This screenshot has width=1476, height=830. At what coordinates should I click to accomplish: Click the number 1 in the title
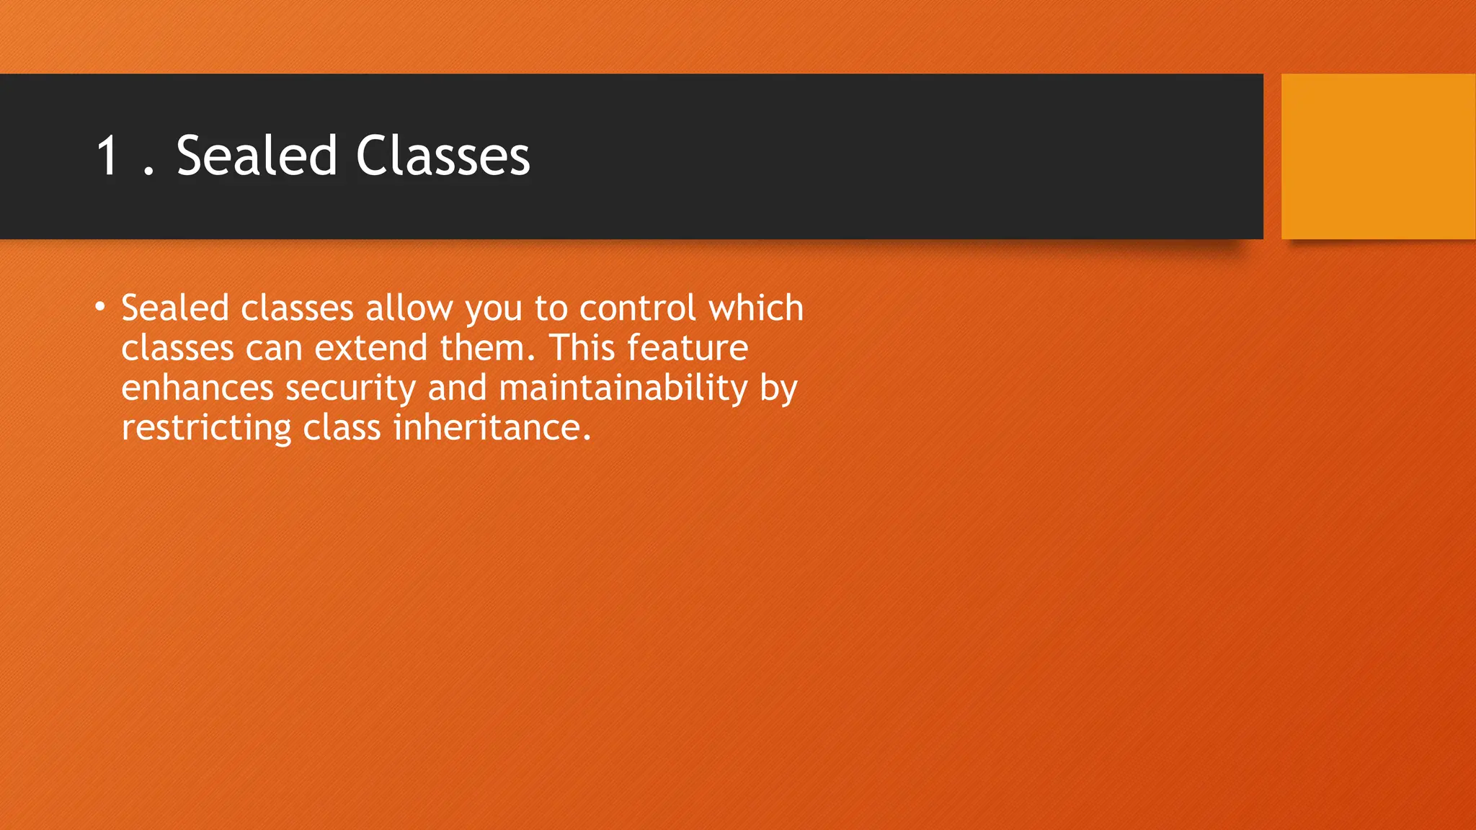point(108,156)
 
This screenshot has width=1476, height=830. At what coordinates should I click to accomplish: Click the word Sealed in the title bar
point(257,156)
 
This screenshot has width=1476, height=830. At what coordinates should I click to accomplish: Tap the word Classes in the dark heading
point(443,156)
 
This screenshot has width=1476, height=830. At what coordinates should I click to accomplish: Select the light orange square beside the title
point(1377,156)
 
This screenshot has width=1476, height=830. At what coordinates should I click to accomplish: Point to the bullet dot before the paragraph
point(100,308)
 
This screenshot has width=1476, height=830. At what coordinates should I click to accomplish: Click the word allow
point(409,308)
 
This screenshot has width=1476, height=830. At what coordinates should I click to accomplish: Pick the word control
point(638,308)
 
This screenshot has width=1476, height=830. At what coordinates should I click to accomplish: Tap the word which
point(756,308)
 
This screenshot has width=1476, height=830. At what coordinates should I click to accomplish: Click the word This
point(582,348)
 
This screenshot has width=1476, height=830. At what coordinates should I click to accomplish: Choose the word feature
point(688,348)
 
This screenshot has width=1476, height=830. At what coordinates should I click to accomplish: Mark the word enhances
point(197,388)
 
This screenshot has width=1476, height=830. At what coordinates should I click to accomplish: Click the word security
point(350,389)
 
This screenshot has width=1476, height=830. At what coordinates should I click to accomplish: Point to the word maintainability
point(623,388)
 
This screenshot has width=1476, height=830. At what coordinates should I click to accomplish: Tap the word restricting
point(205,428)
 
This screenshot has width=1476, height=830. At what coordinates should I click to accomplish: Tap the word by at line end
point(778,389)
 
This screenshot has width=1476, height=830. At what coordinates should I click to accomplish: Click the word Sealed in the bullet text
point(175,308)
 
